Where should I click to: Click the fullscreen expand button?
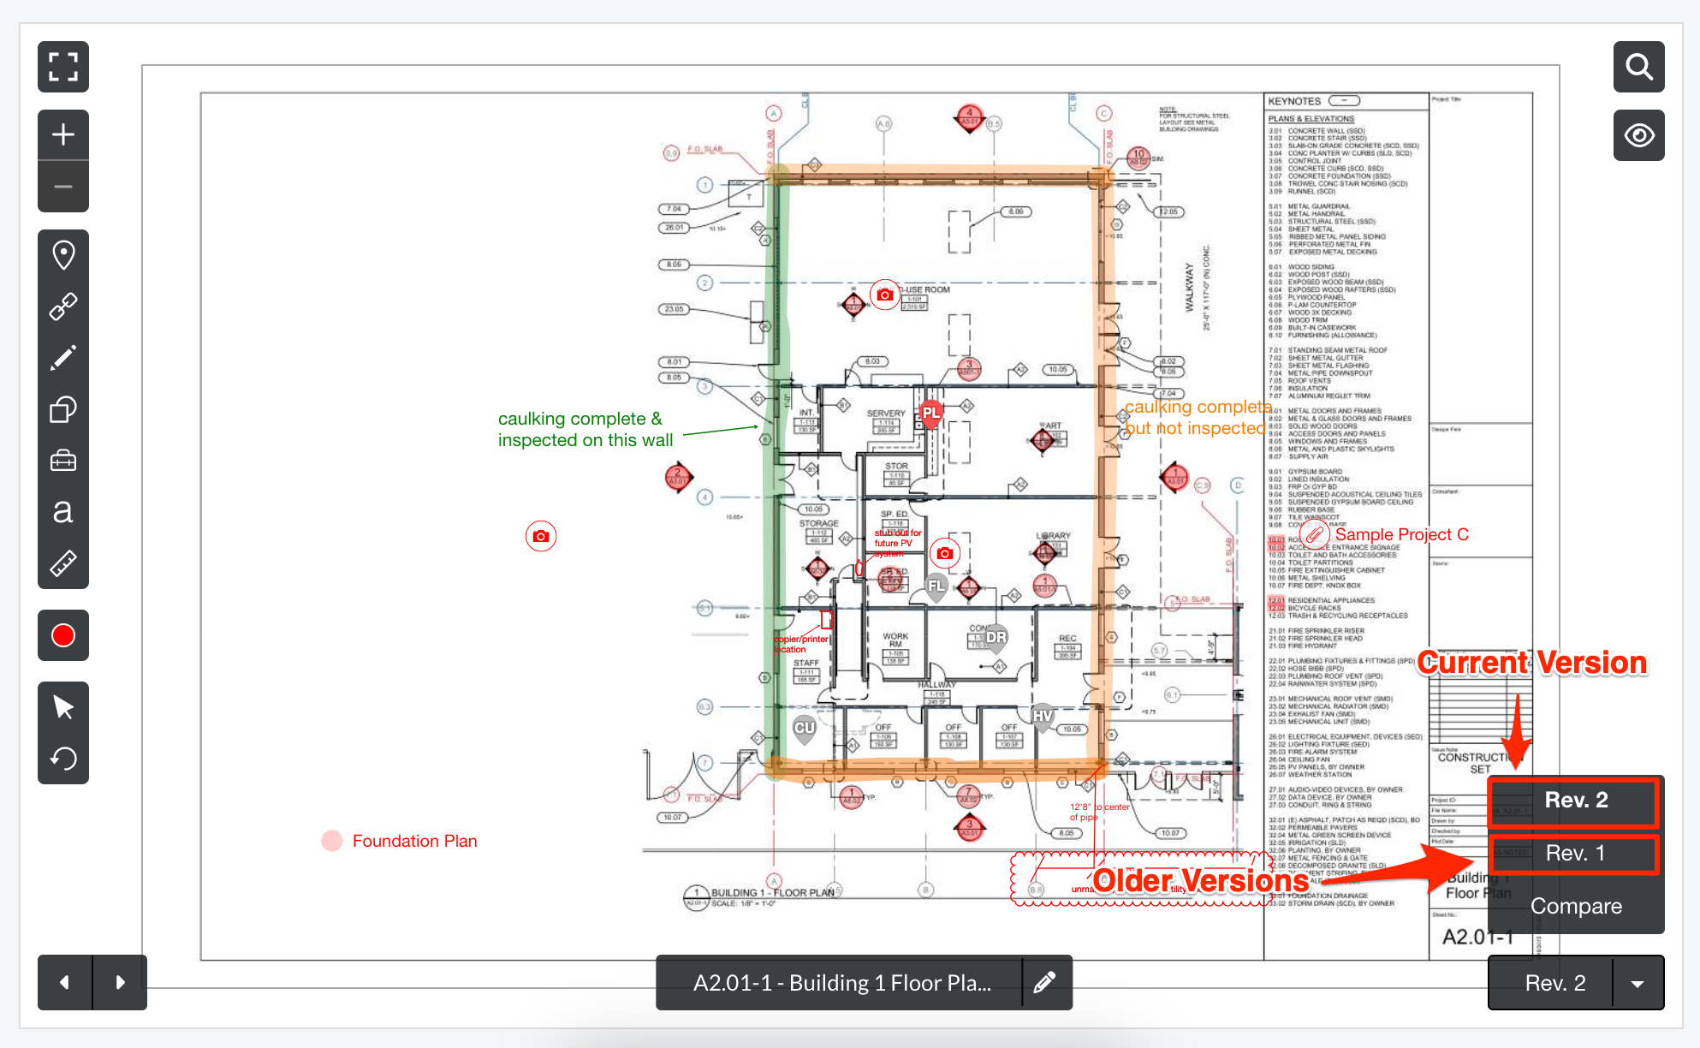63,67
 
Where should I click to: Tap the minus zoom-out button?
63,187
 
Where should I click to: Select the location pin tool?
63,255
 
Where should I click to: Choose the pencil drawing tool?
63,358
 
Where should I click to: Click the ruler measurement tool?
63,563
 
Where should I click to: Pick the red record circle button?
63,635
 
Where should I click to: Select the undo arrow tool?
63,759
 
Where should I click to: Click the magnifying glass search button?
1639,67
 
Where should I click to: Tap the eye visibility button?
1639,135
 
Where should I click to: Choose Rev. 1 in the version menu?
1575,853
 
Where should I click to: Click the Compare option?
1576,906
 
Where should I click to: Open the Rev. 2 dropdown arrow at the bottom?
1638,984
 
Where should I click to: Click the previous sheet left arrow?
65,982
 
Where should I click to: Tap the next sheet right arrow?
120,982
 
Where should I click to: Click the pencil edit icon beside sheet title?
1044,983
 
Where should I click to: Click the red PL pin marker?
931,414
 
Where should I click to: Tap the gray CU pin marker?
805,729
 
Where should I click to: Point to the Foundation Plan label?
414,841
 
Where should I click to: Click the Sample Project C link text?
1401,534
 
